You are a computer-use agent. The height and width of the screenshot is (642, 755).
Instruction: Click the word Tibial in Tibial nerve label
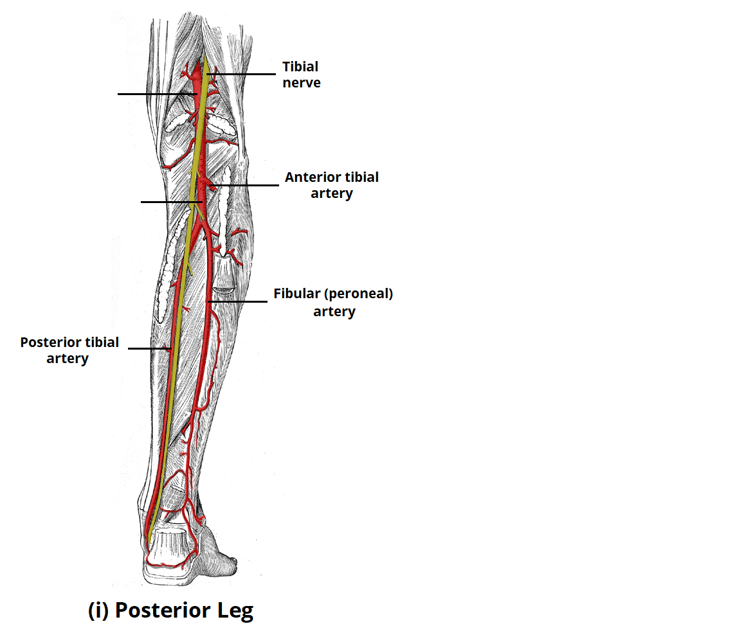point(300,67)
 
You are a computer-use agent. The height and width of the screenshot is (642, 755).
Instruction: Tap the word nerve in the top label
point(301,83)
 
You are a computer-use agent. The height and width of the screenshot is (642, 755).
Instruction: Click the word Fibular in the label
point(296,294)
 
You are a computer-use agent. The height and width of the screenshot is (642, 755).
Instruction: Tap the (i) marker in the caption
point(98,611)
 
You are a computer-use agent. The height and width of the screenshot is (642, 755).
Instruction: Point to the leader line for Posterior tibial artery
point(148,349)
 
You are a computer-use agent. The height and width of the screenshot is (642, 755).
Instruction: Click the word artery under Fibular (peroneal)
point(334,312)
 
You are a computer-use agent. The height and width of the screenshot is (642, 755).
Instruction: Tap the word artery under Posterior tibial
point(67,359)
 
